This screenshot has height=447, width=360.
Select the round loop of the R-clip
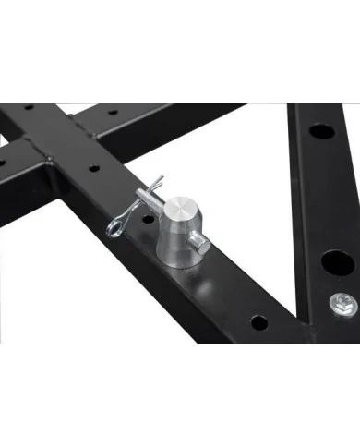[116, 224]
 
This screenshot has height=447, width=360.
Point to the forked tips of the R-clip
[158, 182]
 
